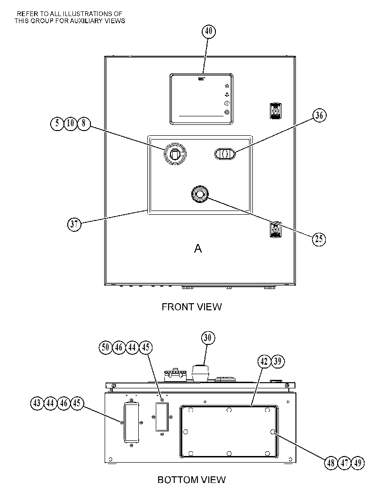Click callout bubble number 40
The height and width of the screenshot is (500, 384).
[x=208, y=31]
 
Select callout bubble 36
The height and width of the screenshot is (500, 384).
[x=319, y=115]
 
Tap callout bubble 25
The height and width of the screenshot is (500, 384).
[x=319, y=239]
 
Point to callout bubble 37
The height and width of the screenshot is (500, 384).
[x=74, y=224]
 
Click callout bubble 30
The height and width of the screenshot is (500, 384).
[x=208, y=338]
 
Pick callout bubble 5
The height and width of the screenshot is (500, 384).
[x=57, y=123]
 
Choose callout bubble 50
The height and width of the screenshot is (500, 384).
[x=106, y=347]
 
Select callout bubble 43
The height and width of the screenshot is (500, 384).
[x=37, y=403]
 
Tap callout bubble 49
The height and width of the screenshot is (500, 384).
[x=358, y=463]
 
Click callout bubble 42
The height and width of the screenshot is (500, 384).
[x=264, y=361]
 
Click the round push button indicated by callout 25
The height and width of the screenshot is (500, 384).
[x=199, y=194]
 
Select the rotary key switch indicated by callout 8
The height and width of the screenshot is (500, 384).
[x=175, y=154]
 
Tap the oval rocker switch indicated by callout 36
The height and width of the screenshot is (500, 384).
[x=225, y=154]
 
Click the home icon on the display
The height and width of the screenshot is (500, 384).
[x=227, y=86]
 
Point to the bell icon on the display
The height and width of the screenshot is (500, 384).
[x=227, y=95]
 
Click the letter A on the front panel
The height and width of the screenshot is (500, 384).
[x=198, y=248]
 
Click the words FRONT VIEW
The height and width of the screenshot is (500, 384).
[x=191, y=307]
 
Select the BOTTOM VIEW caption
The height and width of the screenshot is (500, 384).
[x=191, y=480]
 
